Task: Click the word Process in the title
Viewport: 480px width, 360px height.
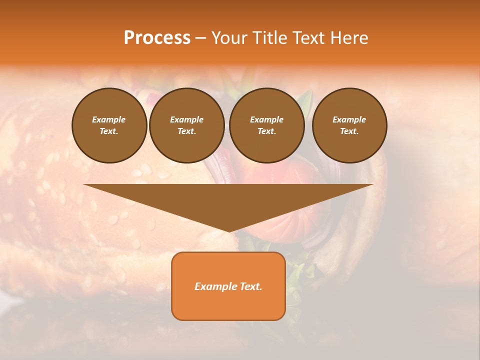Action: click(x=157, y=38)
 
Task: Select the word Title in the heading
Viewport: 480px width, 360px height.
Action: click(x=270, y=38)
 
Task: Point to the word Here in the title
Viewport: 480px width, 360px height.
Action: click(x=349, y=38)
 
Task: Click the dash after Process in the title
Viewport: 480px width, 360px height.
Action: click(x=200, y=38)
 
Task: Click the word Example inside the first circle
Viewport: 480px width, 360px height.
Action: click(x=109, y=119)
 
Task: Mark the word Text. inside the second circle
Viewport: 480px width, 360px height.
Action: click(x=187, y=131)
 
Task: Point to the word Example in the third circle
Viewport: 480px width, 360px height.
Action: click(x=267, y=119)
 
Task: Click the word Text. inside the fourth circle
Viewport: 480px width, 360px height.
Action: click(x=349, y=131)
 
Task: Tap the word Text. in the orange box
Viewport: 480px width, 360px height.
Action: click(x=250, y=286)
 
